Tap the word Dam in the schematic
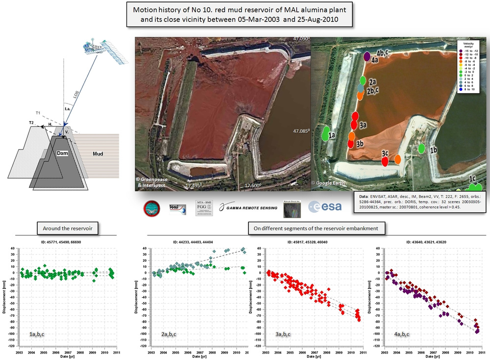63,154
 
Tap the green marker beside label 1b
421,148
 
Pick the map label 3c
385,154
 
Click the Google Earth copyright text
328,183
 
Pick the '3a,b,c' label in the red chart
286,334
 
